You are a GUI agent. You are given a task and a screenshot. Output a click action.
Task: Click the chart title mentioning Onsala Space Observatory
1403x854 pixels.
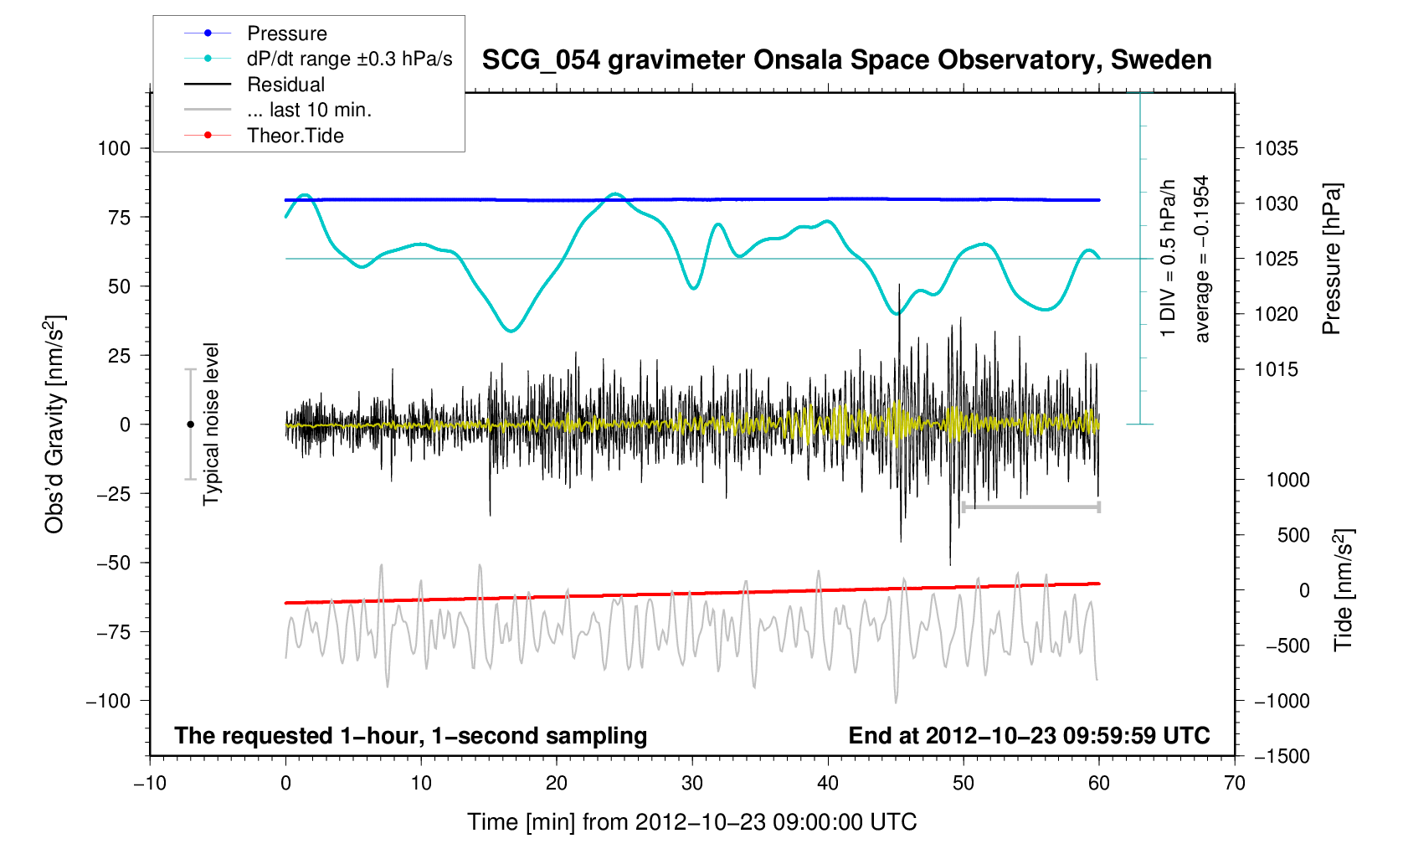pyautogui.click(x=846, y=60)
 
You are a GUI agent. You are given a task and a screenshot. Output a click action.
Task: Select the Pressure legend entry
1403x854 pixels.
pyautogui.click(x=286, y=33)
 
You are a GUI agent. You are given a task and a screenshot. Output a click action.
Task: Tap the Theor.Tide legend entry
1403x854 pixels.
pyautogui.click(x=295, y=136)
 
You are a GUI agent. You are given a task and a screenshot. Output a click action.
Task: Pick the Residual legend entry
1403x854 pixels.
pyautogui.click(x=285, y=85)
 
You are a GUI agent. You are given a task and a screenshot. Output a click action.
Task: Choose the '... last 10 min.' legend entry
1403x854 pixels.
pyautogui.click(x=309, y=110)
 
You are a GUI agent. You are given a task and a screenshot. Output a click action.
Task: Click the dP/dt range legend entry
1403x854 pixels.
pyautogui.click(x=349, y=59)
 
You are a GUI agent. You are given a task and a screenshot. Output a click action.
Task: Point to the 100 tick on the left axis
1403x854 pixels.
pyautogui.click(x=115, y=148)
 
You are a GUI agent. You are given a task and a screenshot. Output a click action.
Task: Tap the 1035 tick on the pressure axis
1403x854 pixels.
pyautogui.click(x=1276, y=149)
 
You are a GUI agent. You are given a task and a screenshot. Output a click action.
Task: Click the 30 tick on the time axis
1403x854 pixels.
pyautogui.click(x=692, y=784)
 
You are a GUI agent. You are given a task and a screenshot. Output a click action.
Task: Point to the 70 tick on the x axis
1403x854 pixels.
pyautogui.click(x=1235, y=784)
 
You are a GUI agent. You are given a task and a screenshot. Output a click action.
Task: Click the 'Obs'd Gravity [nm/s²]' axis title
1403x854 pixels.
pyautogui.click(x=54, y=424)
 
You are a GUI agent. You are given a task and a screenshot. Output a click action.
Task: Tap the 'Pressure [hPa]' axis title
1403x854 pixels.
pyautogui.click(x=1331, y=259)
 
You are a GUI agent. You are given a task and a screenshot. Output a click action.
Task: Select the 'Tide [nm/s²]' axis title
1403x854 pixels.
pyautogui.click(x=1344, y=590)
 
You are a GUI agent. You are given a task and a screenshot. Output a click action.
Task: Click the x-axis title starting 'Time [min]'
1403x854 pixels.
pyautogui.click(x=691, y=822)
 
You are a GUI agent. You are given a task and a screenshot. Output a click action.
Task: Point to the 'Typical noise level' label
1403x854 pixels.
pyautogui.click(x=211, y=424)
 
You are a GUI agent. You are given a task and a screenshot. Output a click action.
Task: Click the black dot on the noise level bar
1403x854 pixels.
pyautogui.click(x=190, y=424)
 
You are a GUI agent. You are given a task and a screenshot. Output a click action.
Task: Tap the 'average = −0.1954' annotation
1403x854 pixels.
pyautogui.click(x=1202, y=259)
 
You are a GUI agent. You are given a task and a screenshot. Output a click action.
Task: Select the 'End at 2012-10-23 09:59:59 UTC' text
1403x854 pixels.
pyautogui.click(x=1029, y=736)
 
